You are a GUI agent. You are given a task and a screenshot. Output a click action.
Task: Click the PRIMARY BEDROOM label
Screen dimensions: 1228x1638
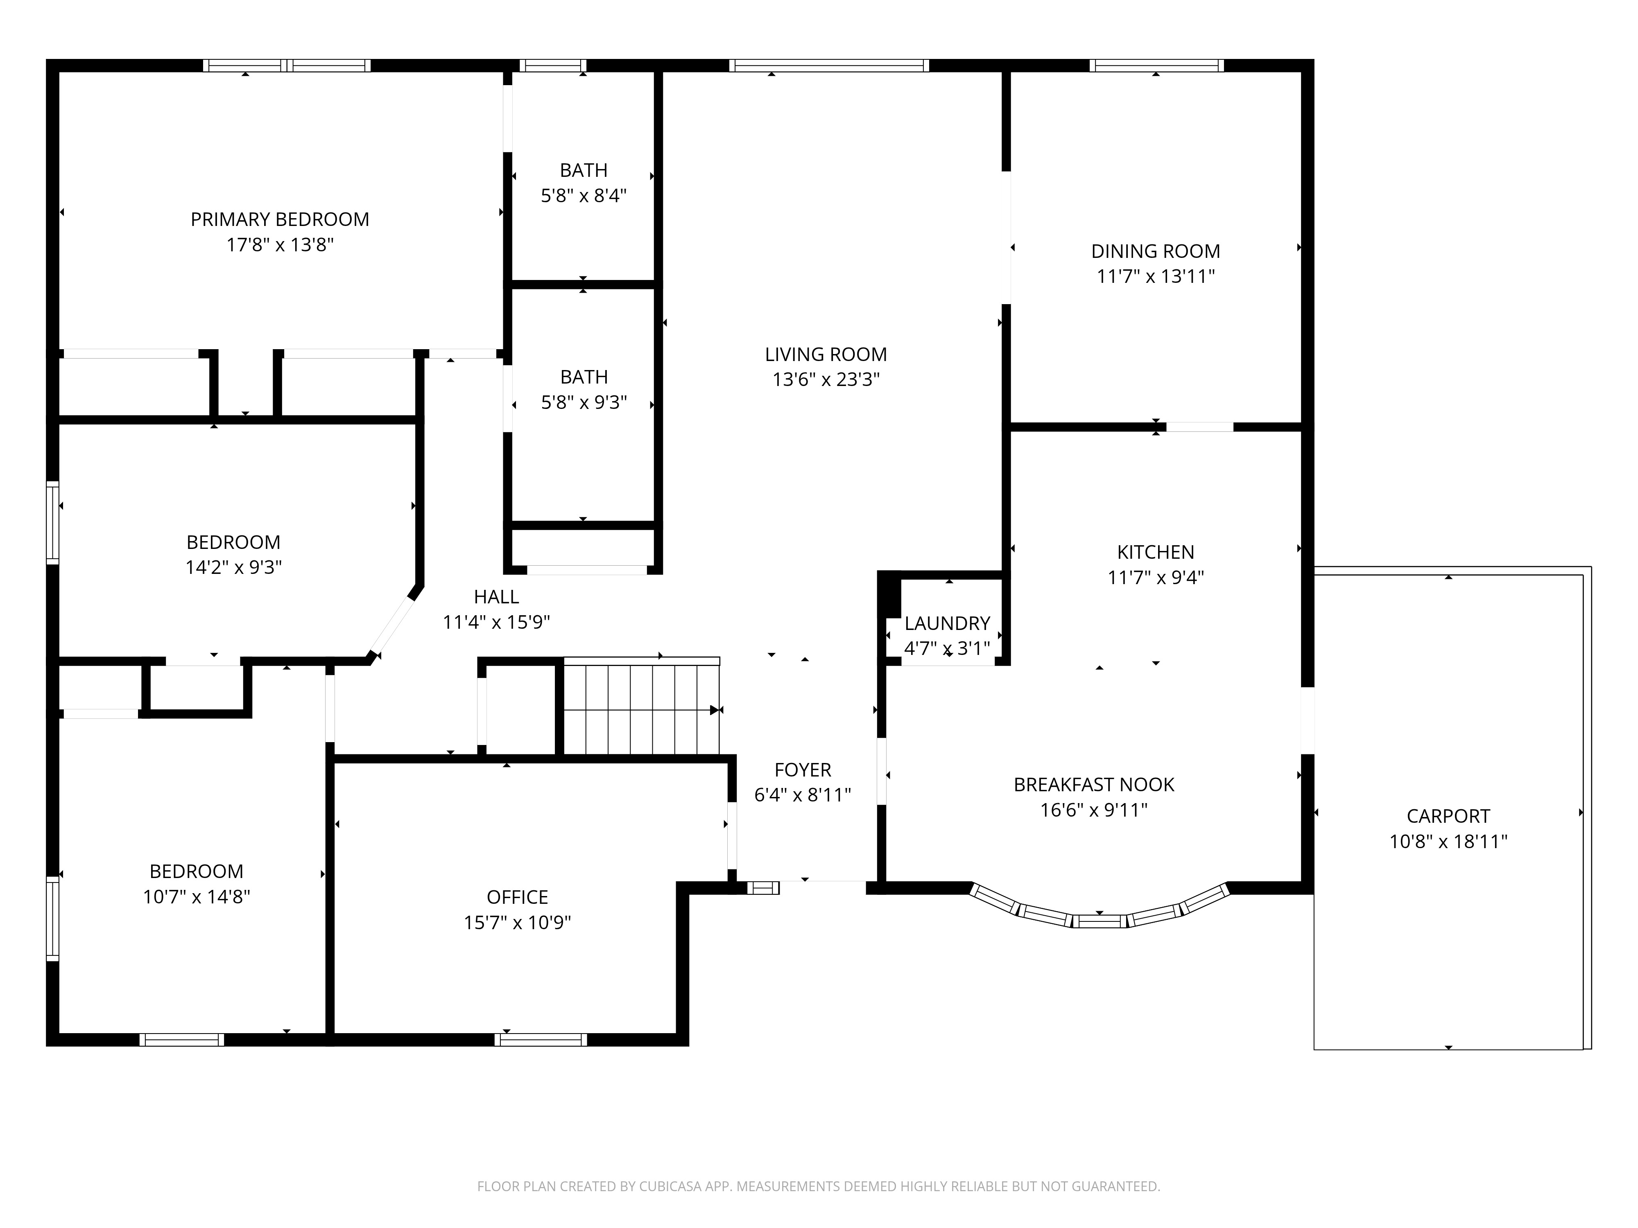click(x=280, y=220)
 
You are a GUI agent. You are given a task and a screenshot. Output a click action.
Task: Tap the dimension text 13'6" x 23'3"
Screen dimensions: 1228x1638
click(x=826, y=380)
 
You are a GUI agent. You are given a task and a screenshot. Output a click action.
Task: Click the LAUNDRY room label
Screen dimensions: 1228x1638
click(x=947, y=623)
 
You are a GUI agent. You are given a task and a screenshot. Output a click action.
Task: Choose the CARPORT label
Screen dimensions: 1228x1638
click(x=1448, y=817)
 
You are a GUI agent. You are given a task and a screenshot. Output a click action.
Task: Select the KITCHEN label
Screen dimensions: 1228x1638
click(x=1155, y=552)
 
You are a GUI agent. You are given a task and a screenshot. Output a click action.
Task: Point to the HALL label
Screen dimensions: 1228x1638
click(x=496, y=597)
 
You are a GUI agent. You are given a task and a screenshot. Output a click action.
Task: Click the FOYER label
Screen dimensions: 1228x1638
click(x=803, y=770)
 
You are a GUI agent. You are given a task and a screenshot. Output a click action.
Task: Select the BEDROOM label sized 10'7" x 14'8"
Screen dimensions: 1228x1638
click(x=196, y=871)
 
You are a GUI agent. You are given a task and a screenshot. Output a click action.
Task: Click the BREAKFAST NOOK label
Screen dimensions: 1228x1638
click(x=1094, y=785)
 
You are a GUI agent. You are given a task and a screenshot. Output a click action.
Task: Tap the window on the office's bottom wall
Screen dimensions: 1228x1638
click(x=541, y=1039)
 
